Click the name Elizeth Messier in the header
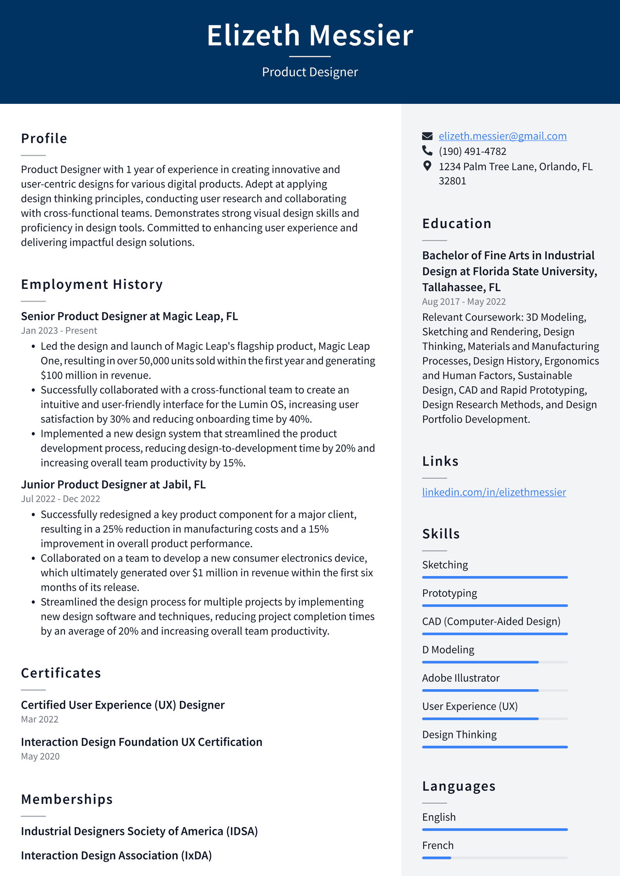(x=310, y=35)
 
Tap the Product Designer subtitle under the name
(x=310, y=72)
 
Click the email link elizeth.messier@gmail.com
(x=502, y=136)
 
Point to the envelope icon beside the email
(x=427, y=136)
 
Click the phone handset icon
(x=427, y=150)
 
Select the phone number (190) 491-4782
(x=472, y=151)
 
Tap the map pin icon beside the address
(x=427, y=166)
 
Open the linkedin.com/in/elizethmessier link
(x=494, y=492)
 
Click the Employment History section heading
(x=92, y=284)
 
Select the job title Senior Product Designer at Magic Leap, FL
(x=129, y=316)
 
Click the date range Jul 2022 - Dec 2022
(x=60, y=499)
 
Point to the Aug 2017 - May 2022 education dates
(x=464, y=301)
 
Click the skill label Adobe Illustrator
(x=461, y=678)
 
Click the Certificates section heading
(x=61, y=673)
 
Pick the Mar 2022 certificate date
(x=40, y=719)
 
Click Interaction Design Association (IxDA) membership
(x=116, y=855)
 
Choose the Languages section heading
(x=459, y=786)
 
